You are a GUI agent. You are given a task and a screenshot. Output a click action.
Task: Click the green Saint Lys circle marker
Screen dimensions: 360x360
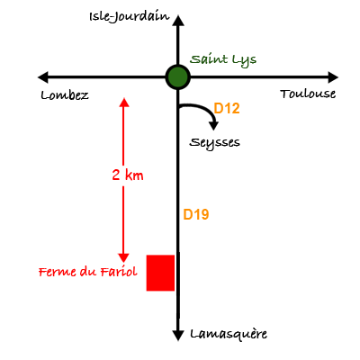tap(178, 77)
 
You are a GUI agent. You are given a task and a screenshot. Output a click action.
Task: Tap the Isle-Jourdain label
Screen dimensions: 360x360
tap(130, 17)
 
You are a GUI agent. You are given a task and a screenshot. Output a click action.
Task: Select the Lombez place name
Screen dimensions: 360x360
tap(65, 95)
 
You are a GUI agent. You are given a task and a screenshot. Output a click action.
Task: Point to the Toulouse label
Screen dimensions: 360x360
tap(308, 94)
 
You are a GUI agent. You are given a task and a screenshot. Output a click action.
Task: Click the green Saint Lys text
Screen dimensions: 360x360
tap(223, 60)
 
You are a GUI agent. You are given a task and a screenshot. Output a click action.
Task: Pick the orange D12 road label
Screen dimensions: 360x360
tap(227, 108)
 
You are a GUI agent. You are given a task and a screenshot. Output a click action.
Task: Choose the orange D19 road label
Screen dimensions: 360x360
tap(196, 214)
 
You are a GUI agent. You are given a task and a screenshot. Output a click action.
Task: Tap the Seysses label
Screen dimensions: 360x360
tap(214, 143)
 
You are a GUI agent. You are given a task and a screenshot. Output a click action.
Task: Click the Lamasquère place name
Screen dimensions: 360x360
tap(229, 334)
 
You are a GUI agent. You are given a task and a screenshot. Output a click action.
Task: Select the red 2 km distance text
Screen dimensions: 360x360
tap(128, 175)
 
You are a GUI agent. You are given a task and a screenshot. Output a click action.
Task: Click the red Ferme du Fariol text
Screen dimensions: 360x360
tap(88, 272)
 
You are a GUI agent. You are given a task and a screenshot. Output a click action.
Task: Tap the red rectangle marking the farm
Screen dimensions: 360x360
tap(160, 273)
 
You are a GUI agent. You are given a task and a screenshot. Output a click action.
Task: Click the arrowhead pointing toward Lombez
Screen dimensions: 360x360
tap(43, 77)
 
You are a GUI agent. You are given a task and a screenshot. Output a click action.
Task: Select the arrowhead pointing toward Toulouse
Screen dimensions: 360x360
tap(333, 77)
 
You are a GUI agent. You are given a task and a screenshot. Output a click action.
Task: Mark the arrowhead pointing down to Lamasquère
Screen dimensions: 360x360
tap(178, 335)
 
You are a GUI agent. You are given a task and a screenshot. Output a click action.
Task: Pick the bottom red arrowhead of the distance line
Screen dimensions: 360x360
tap(123, 258)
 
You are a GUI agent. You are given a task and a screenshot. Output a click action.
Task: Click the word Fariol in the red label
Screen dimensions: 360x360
tap(119, 272)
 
